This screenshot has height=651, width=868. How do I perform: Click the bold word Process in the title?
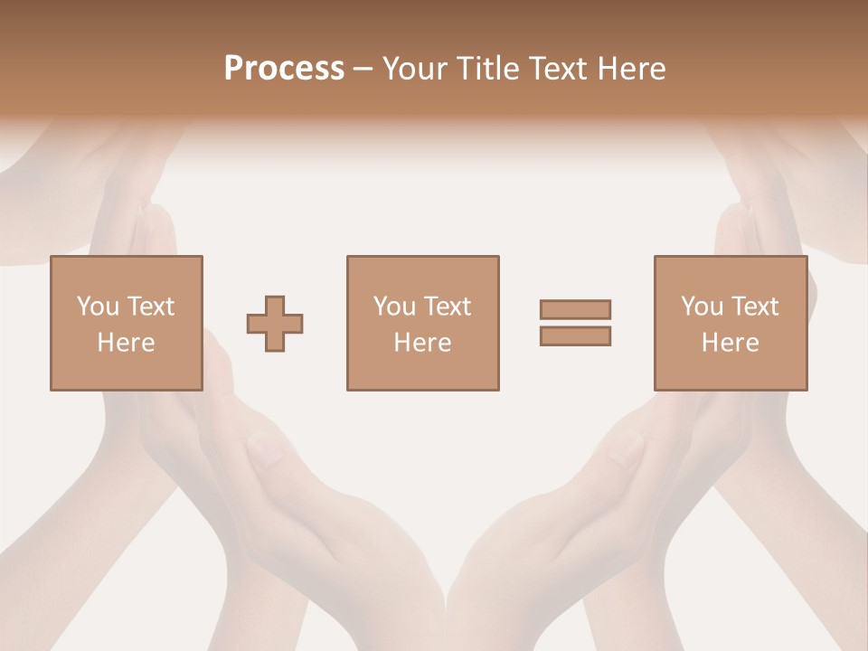click(x=284, y=69)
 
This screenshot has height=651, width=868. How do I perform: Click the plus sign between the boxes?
click(x=275, y=324)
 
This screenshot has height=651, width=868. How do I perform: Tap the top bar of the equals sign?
click(x=575, y=309)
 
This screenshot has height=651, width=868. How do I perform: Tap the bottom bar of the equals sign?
click(x=575, y=336)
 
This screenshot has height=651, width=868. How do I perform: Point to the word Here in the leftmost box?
click(x=126, y=343)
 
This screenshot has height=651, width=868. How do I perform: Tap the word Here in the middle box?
click(x=422, y=343)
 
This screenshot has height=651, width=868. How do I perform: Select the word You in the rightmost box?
click(x=702, y=307)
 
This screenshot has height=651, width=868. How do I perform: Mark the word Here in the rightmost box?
click(x=730, y=343)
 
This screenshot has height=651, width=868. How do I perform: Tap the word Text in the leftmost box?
click(x=150, y=307)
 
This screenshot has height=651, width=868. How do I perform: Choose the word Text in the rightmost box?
click(x=754, y=307)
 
